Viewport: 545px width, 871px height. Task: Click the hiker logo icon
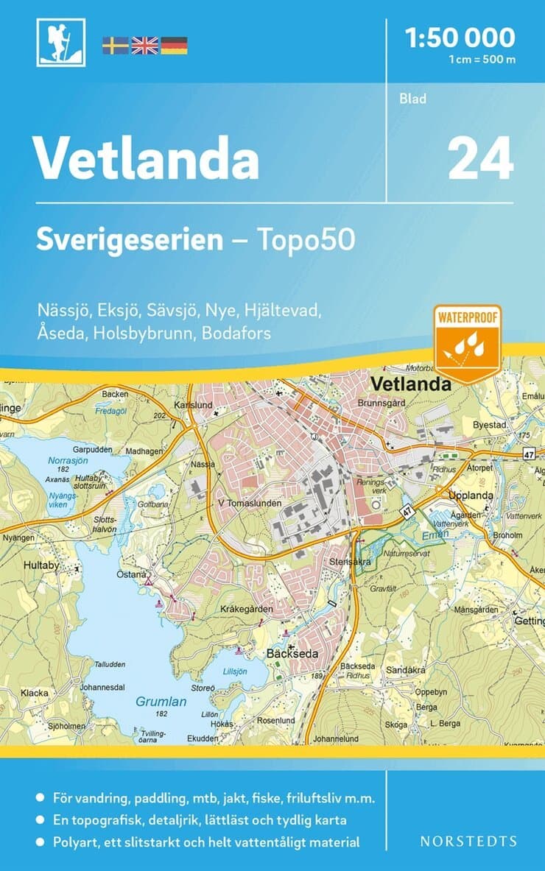(60, 43)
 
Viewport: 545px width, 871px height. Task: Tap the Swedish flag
(115, 46)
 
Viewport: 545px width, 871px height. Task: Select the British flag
(144, 46)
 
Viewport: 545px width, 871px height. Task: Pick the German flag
(174, 46)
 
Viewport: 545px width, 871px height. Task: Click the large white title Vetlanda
(147, 158)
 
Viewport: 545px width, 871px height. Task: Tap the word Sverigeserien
(130, 241)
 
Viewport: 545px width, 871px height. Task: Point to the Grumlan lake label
(161, 702)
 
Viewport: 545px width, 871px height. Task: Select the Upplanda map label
(471, 496)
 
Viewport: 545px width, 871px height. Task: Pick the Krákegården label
(247, 609)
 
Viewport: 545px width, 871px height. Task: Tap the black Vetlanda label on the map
(411, 384)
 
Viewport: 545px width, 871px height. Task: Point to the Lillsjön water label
(235, 671)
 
